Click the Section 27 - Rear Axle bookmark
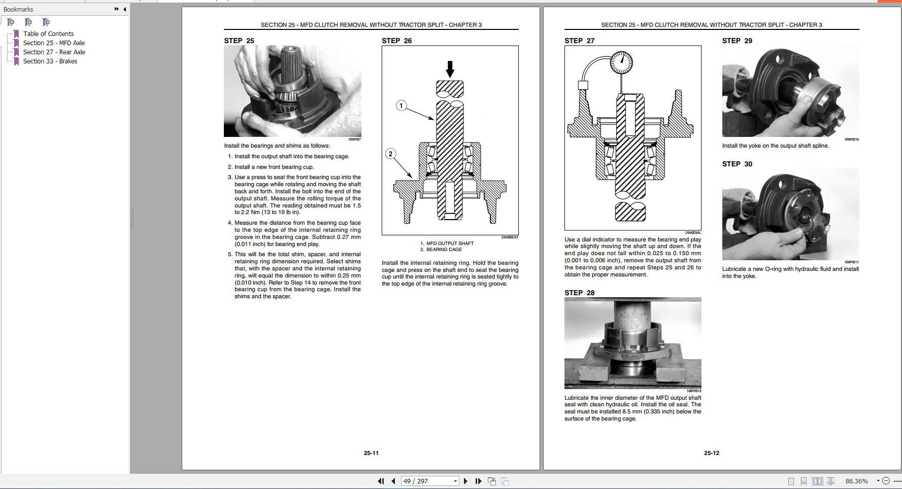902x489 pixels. point(54,52)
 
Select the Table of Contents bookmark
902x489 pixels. point(48,33)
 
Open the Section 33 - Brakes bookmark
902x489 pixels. point(50,61)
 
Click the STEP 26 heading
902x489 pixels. point(396,41)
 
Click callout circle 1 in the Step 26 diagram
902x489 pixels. point(401,106)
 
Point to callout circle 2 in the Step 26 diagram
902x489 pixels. point(390,154)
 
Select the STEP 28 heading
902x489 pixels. point(579,293)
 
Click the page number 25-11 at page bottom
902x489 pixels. point(371,453)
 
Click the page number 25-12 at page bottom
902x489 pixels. point(711,453)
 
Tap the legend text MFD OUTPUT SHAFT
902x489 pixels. point(450,243)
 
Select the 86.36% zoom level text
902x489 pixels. point(856,481)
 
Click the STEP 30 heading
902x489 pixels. point(737,164)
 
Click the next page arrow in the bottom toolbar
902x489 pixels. point(465,481)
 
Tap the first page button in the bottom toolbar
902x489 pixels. point(381,481)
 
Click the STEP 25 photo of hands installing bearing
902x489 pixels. point(292,91)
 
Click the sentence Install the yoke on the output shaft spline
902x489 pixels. point(775,146)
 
